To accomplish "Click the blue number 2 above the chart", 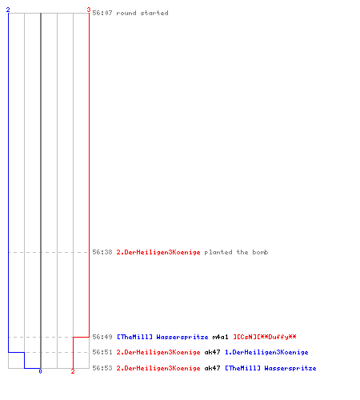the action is (8, 10).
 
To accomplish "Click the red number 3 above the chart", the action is (89, 10).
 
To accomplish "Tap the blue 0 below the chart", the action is (40, 371).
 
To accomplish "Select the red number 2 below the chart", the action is (73, 371).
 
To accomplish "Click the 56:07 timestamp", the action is (102, 13).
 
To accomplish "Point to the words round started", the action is (142, 13).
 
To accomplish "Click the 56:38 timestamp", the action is (102, 252).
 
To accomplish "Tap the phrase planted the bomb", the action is (236, 252).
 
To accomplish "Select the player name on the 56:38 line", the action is (158, 252).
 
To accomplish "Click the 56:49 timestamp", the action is (102, 337).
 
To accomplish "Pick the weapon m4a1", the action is (220, 337).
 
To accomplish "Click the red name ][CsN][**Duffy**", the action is (265, 337).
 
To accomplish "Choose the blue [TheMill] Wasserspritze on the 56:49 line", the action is (162, 337).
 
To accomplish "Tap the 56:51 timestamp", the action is (102, 352).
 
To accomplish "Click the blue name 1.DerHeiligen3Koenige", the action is (266, 352).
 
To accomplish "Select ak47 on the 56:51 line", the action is (212, 352).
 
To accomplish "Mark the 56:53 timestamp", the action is (102, 368).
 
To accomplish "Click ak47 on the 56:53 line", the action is (212, 368).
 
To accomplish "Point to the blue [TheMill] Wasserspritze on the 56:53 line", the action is (270, 368).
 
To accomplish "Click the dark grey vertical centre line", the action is (41, 190).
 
